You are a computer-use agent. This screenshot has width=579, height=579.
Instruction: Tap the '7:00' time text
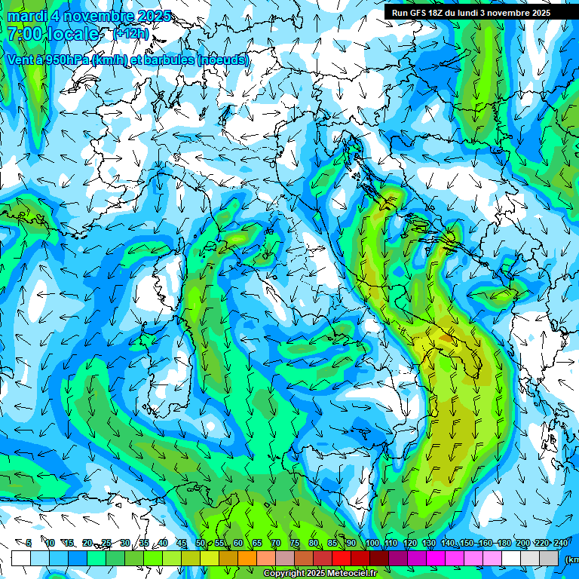pos(24,34)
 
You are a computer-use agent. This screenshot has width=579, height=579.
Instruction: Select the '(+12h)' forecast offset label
pos(131,34)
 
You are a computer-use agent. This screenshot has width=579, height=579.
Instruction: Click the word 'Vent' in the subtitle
pos(21,60)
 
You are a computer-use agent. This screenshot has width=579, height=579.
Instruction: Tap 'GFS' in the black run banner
pos(418,12)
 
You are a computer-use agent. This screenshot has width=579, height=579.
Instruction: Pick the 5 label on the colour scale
pos(29,543)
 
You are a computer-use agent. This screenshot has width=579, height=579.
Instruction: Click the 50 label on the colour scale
pos(200,543)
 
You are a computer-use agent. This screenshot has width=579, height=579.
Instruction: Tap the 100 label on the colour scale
pos(372,543)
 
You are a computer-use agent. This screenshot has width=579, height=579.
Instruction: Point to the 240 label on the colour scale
pos(560,543)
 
